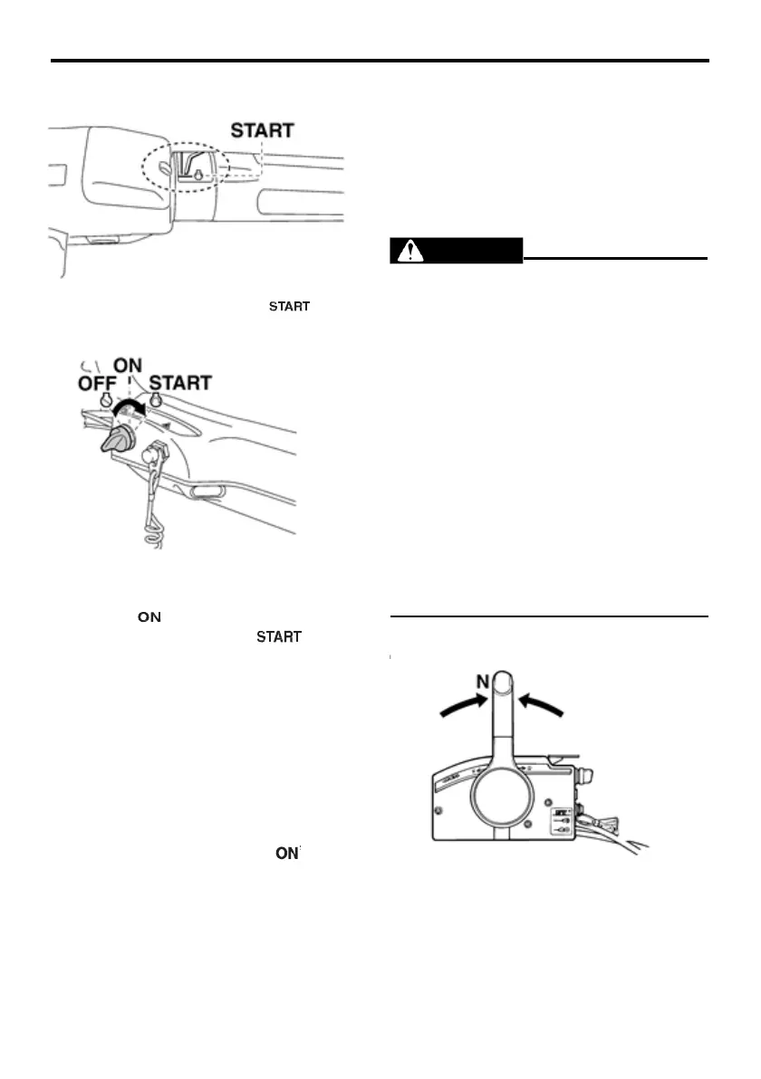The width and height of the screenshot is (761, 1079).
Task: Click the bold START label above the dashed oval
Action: tap(262, 130)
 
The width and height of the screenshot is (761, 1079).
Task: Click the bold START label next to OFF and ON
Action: tap(180, 383)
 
